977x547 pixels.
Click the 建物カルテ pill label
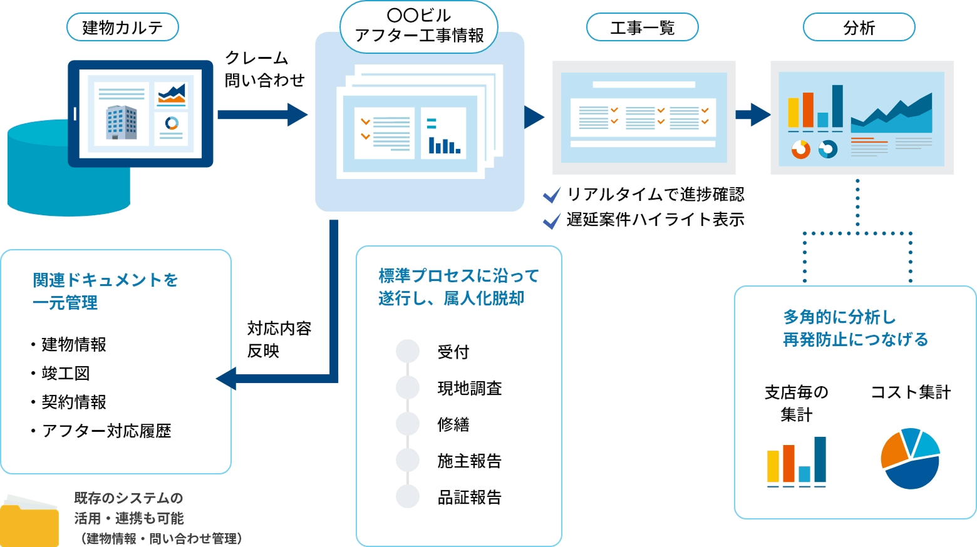[123, 28]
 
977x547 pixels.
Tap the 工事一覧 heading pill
[642, 28]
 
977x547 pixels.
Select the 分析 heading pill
[859, 28]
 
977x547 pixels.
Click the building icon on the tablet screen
[121, 122]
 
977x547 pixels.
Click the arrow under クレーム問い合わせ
[262, 115]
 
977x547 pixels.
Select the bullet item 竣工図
[66, 374]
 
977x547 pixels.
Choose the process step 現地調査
[470, 389]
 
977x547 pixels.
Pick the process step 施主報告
[470, 461]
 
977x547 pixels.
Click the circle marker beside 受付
[408, 352]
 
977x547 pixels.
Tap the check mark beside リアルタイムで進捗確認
[551, 195]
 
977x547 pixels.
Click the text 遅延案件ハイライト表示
[655, 220]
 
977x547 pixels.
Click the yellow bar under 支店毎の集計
[773, 466]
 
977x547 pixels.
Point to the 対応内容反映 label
[279, 340]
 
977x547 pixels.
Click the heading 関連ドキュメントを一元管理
[105, 292]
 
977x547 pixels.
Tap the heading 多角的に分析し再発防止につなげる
[856, 329]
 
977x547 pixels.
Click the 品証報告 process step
[470, 498]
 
